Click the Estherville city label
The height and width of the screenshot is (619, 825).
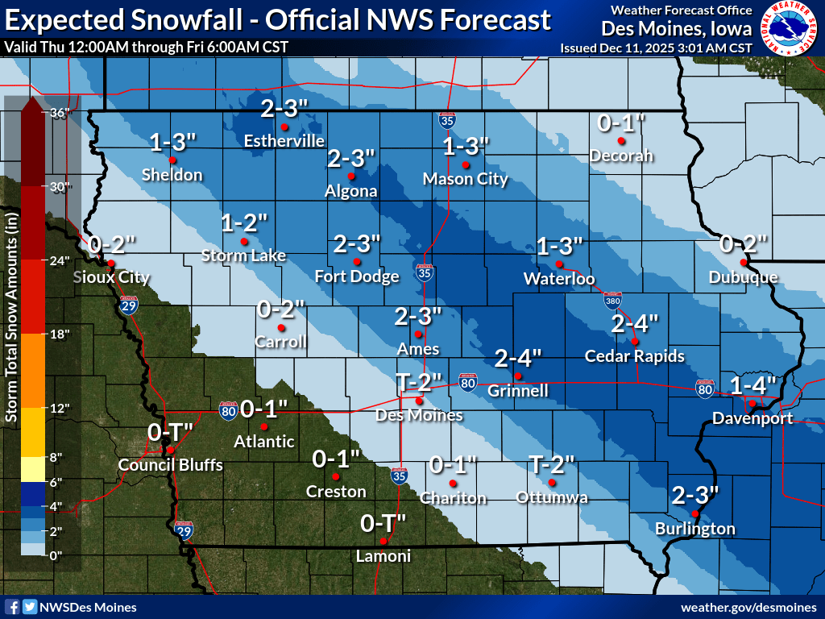tap(284, 141)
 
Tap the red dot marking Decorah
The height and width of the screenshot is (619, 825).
tap(621, 141)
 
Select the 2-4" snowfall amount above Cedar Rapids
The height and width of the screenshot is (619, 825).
tap(635, 324)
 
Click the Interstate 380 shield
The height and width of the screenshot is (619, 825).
tap(612, 301)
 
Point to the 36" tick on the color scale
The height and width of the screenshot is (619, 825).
tap(61, 113)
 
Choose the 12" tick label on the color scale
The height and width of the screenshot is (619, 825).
tap(61, 408)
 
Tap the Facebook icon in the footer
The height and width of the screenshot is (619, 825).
tap(12, 607)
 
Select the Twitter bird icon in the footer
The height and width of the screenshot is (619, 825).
tap(29, 607)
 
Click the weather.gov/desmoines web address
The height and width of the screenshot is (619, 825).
tap(748, 607)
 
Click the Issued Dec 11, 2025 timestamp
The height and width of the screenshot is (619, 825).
tap(656, 48)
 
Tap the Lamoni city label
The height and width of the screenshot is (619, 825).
tap(383, 556)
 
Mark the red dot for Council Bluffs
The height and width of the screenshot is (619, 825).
tap(170, 450)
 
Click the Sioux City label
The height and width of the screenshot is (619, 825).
tap(111, 277)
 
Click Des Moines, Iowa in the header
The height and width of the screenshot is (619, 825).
tap(677, 28)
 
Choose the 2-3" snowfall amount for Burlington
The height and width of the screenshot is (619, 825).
tap(694, 494)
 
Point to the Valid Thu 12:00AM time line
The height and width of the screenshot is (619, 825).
tap(146, 47)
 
